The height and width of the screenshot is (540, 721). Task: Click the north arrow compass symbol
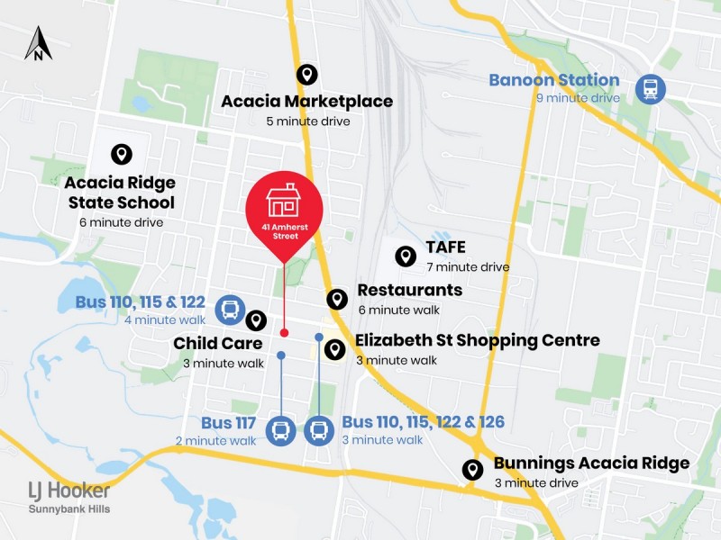(x=38, y=43)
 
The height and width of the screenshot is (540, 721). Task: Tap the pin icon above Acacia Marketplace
(x=306, y=76)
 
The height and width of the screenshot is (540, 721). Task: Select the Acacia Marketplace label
(x=306, y=101)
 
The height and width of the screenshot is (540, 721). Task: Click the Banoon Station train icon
(x=649, y=89)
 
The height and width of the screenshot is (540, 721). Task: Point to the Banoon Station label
(x=553, y=80)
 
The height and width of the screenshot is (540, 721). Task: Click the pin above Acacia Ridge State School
(x=119, y=156)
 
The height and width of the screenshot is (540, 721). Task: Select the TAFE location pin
(x=406, y=256)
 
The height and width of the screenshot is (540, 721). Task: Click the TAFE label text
(x=448, y=248)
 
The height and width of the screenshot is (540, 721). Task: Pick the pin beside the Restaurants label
(x=337, y=299)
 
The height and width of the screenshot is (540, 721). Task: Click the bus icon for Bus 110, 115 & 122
(x=230, y=311)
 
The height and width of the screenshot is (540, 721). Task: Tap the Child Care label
(x=218, y=343)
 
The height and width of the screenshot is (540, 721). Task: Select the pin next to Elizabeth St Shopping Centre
(x=334, y=349)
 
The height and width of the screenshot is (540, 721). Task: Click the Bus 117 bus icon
(x=280, y=431)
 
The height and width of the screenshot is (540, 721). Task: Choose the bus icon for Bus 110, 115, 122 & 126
(x=319, y=431)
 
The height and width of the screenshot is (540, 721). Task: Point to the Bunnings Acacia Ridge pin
(x=471, y=470)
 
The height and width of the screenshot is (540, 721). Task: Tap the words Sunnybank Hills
(x=69, y=509)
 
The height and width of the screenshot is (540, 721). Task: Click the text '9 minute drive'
(x=584, y=97)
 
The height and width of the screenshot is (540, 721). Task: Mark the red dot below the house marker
(x=284, y=333)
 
